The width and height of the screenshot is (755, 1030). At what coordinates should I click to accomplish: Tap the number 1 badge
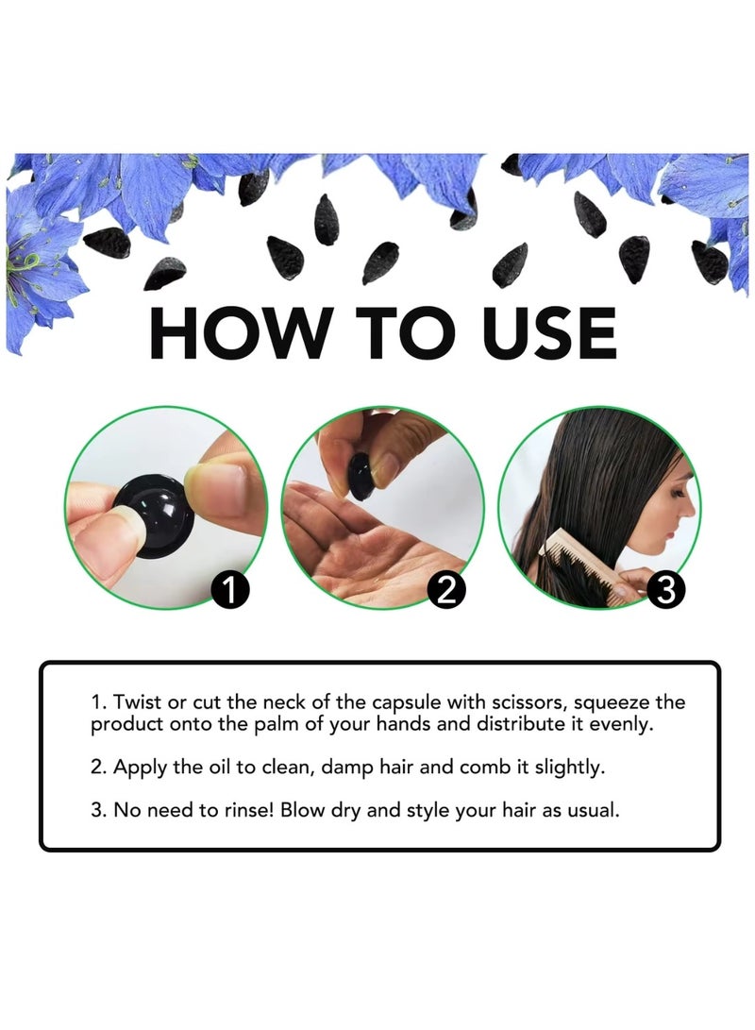click(230, 591)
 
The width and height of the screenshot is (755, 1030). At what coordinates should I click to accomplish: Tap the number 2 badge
click(446, 591)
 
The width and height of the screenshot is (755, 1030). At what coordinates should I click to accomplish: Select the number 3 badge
click(664, 591)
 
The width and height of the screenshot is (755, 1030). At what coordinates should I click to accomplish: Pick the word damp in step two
click(347, 767)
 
